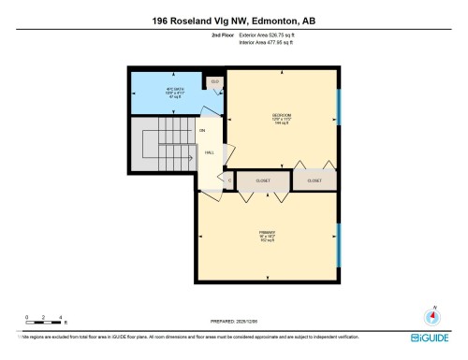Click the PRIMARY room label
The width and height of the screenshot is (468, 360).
[267, 234]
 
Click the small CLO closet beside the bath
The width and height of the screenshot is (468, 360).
[214, 82]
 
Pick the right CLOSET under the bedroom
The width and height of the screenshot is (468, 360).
[313, 180]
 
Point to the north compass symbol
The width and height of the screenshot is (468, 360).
[432, 315]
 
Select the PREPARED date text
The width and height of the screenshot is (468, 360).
[233, 322]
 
